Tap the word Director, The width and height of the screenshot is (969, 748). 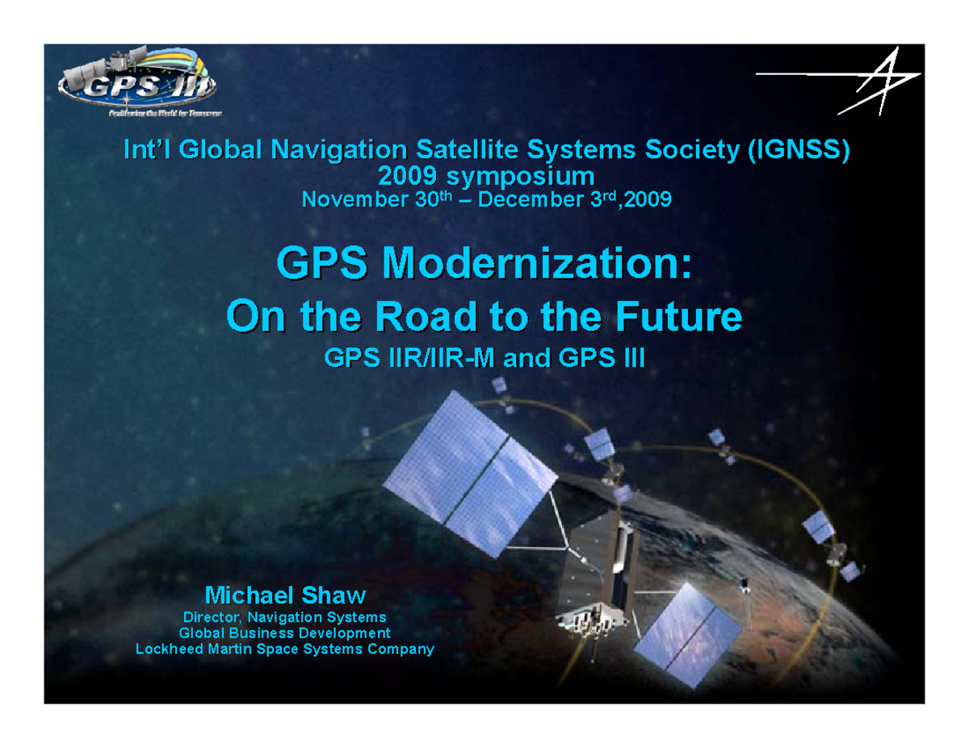(x=214, y=617)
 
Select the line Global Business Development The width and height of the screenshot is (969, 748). (x=284, y=633)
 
